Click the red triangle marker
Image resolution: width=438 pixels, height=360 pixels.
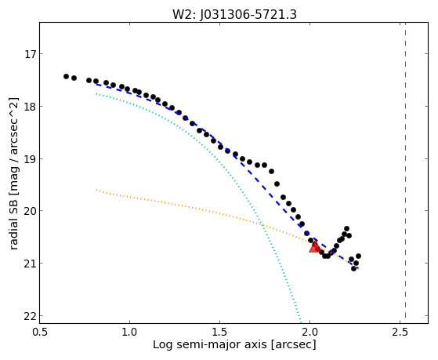(x=315, y=247)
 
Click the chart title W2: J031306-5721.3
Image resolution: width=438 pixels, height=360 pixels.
(x=234, y=14)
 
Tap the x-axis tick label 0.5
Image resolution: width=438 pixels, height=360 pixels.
(x=39, y=332)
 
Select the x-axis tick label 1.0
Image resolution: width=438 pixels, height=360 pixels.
(x=129, y=332)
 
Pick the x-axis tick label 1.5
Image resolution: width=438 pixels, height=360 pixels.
(x=220, y=332)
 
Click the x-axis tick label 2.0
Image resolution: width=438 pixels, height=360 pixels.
(x=310, y=332)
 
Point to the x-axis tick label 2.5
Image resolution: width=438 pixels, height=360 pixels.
(x=400, y=332)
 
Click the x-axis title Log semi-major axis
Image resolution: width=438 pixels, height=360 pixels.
(x=210, y=345)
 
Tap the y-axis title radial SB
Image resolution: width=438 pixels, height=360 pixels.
(x=14, y=216)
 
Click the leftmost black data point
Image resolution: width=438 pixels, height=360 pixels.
(x=66, y=76)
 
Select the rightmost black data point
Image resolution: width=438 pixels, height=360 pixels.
(x=358, y=256)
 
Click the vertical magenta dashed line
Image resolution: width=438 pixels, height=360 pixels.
(x=405, y=173)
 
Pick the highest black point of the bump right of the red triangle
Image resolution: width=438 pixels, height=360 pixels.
(x=346, y=228)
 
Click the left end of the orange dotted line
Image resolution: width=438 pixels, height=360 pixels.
(x=96, y=190)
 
